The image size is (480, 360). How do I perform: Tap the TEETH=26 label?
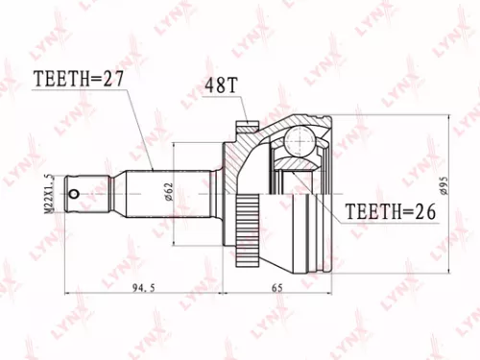391,210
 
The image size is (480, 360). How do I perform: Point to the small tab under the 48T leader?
245,123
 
